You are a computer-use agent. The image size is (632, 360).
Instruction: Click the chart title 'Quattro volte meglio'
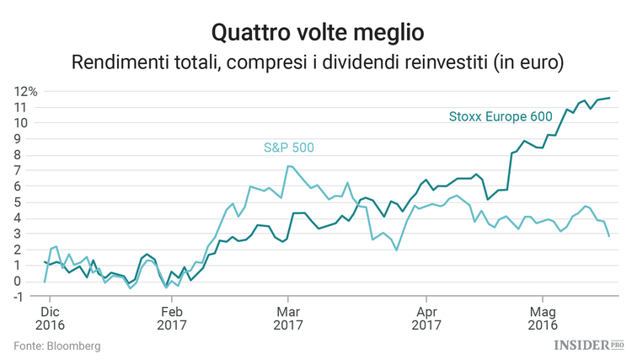coord(316,32)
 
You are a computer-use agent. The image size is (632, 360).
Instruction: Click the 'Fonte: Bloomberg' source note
coord(57,346)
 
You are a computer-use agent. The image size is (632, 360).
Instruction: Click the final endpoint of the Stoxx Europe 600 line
coord(610,98)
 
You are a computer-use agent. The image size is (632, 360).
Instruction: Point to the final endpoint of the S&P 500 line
coord(610,236)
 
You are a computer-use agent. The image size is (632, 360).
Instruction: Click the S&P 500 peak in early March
coord(288,166)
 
